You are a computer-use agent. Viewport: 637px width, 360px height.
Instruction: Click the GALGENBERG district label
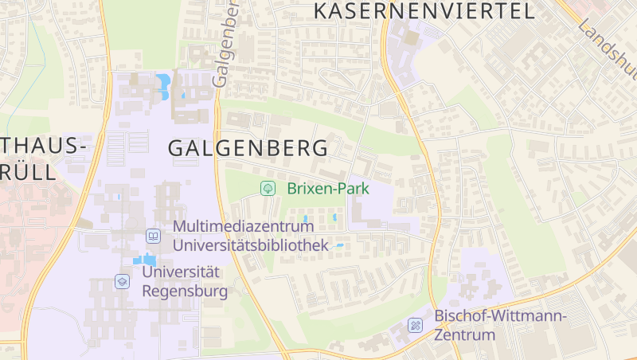click(248, 148)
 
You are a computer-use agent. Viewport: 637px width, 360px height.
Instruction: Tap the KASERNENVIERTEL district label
click(424, 11)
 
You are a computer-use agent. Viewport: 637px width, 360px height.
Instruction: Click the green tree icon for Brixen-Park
click(268, 189)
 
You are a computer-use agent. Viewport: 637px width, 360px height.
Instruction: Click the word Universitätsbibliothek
click(250, 245)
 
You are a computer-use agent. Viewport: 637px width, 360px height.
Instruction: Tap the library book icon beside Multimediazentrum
click(153, 237)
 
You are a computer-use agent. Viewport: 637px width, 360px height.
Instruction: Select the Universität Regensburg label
click(184, 281)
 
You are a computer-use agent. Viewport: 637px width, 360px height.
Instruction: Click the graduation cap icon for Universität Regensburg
click(122, 281)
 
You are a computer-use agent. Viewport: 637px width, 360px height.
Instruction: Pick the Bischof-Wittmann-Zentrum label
click(500, 325)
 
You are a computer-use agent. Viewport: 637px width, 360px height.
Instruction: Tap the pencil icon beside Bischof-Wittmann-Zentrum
click(415, 325)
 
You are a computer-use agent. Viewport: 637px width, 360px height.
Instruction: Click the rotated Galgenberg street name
click(225, 44)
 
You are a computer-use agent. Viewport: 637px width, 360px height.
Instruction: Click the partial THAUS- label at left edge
click(43, 146)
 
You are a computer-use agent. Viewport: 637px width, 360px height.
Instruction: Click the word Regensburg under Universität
click(184, 291)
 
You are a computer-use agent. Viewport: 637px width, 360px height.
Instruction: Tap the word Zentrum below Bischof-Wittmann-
click(464, 335)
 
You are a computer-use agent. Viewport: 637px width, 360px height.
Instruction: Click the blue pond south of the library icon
click(144, 260)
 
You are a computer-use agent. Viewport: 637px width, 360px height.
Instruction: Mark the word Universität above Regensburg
click(180, 272)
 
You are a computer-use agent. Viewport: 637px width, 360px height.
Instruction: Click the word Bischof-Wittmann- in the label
click(500, 315)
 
